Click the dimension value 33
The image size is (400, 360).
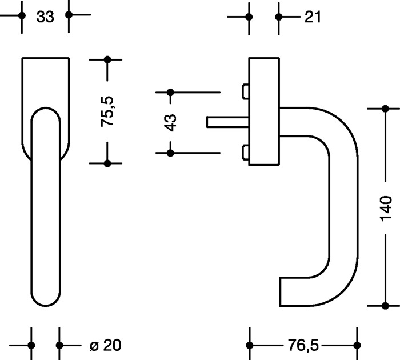[x=45, y=17]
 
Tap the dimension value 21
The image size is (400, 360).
[x=313, y=17]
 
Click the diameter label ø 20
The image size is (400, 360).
[x=106, y=345]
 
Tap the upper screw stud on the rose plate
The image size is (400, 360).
[x=245, y=91]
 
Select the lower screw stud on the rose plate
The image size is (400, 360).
[x=245, y=153]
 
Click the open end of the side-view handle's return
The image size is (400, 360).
[x=282, y=292]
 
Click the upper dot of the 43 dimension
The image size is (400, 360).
[x=170, y=92]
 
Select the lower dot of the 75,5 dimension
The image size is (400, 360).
[x=107, y=163]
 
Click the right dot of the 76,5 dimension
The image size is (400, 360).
[x=358, y=345]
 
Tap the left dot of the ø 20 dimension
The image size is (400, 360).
[x=31, y=345]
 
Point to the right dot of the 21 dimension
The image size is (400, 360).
[x=278, y=17]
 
